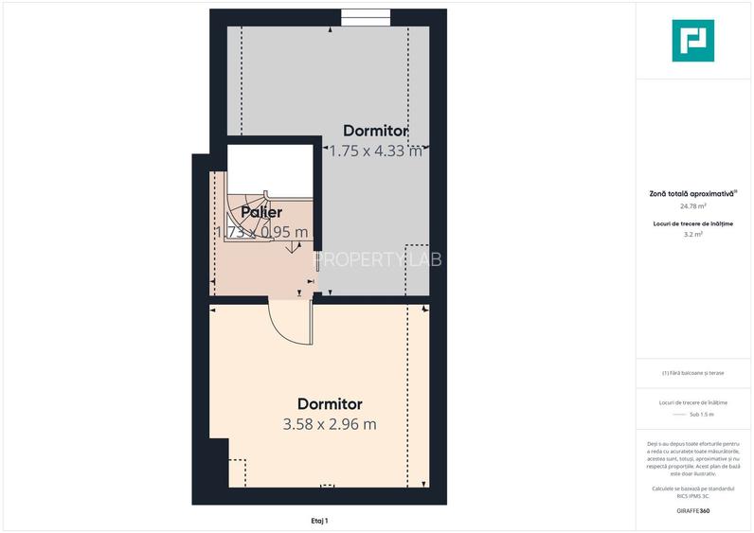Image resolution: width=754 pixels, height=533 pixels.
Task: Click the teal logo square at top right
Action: click(692, 41)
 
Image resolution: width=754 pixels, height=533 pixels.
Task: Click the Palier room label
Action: click(261, 213)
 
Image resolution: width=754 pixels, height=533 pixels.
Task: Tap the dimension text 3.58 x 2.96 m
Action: click(330, 424)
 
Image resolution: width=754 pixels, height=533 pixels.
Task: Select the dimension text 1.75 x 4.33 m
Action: click(375, 150)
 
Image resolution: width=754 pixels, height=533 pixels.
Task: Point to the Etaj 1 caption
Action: click(319, 521)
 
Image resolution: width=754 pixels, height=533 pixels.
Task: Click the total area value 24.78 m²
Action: click(692, 205)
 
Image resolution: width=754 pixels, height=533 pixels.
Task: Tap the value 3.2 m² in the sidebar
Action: click(692, 233)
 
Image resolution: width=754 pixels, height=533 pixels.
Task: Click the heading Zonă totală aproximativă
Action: click(691, 193)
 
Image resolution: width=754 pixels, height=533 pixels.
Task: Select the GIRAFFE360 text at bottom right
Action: click(692, 511)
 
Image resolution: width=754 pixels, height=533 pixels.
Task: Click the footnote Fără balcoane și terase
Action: click(692, 373)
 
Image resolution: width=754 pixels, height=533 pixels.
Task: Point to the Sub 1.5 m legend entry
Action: click(701, 415)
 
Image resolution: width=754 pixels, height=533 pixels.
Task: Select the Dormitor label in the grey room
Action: click(375, 131)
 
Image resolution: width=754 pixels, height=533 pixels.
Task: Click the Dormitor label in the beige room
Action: click(330, 404)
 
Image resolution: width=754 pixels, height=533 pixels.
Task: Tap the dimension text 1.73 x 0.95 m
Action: click(261, 232)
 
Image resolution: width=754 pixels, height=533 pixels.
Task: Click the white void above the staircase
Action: click(270, 167)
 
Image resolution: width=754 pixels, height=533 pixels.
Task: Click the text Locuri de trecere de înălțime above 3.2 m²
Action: click(692, 223)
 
